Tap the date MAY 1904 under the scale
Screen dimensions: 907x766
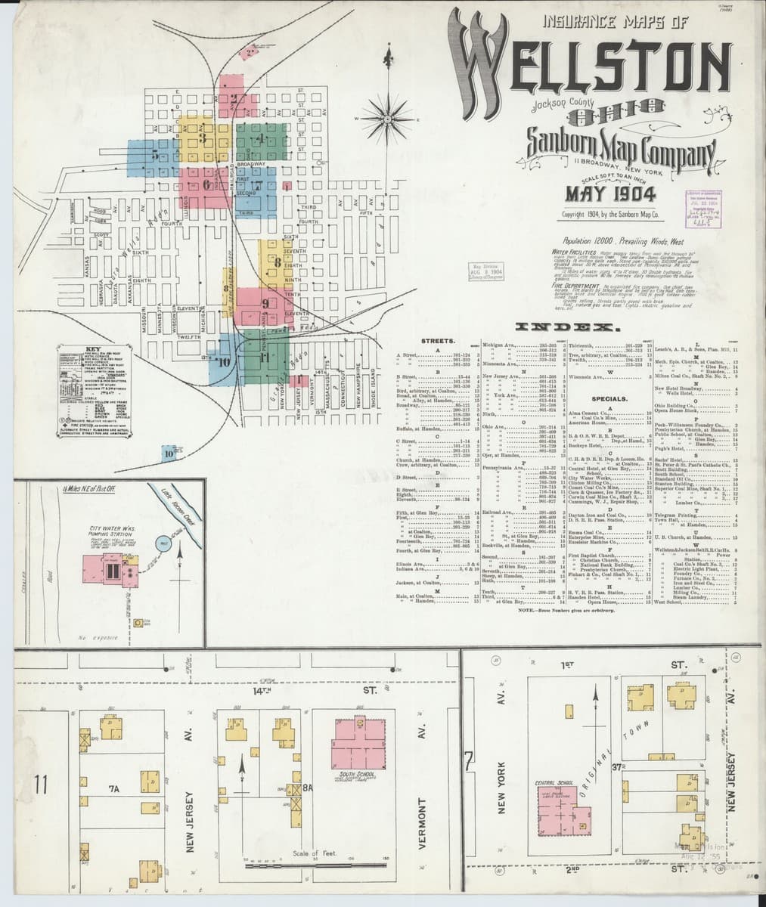[610, 195]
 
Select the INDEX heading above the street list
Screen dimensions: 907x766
[566, 328]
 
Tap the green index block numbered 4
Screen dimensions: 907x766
[260, 139]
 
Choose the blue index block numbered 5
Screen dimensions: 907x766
[154, 156]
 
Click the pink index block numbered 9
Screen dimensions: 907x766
[265, 304]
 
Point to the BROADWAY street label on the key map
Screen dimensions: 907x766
[250, 164]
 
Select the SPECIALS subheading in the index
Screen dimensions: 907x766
[609, 398]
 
